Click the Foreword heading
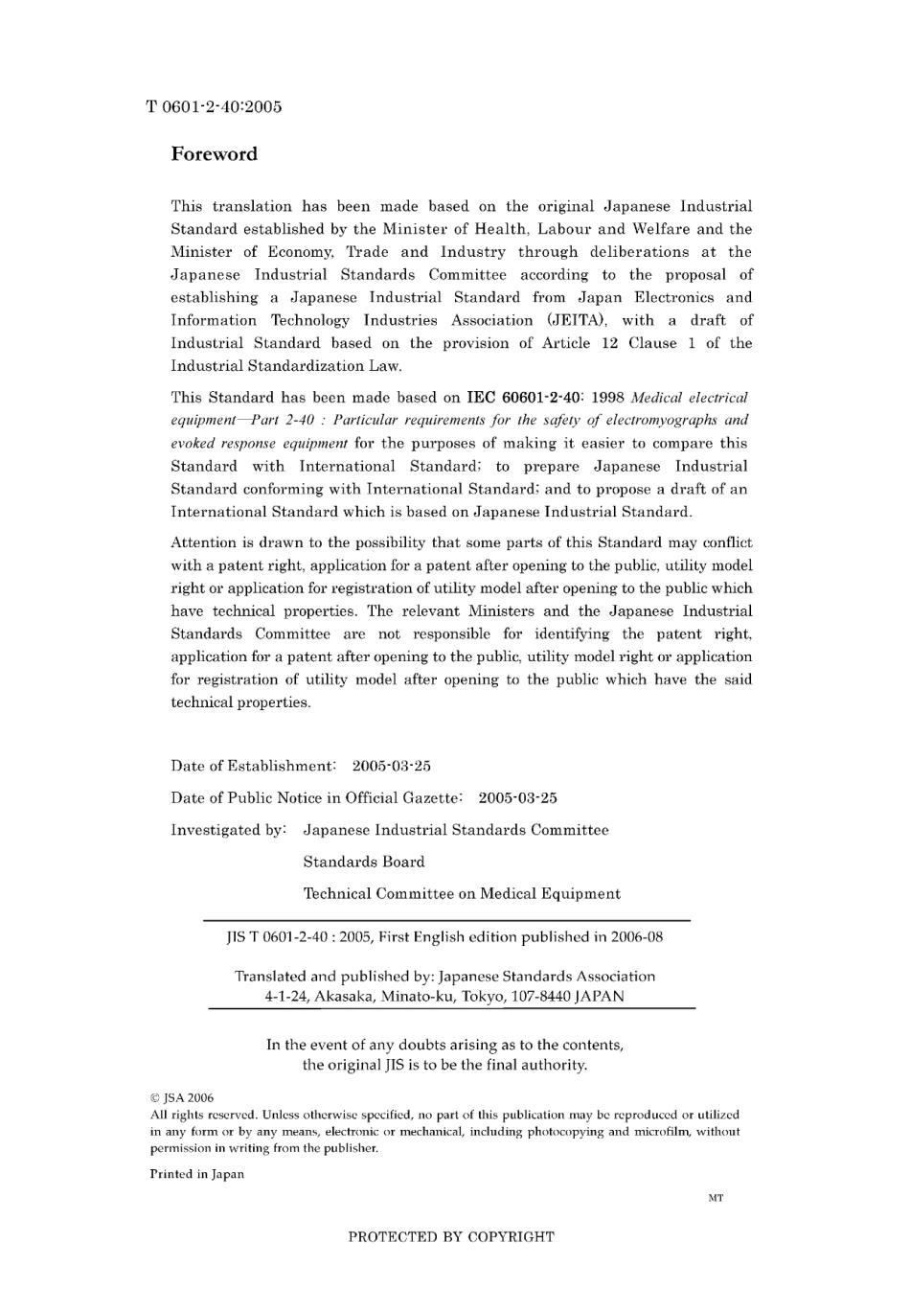pos(214,154)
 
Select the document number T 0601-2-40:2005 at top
pos(214,106)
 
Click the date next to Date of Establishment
pos(391,766)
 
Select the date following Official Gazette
pos(517,797)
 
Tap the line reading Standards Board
pos(364,862)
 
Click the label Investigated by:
pos(228,830)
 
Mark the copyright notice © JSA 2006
pos(182,1098)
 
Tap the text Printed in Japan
pos(196,1174)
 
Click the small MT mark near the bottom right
pos(716,1198)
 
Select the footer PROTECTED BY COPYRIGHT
pos(451,1236)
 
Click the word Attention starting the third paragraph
pos(204,542)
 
